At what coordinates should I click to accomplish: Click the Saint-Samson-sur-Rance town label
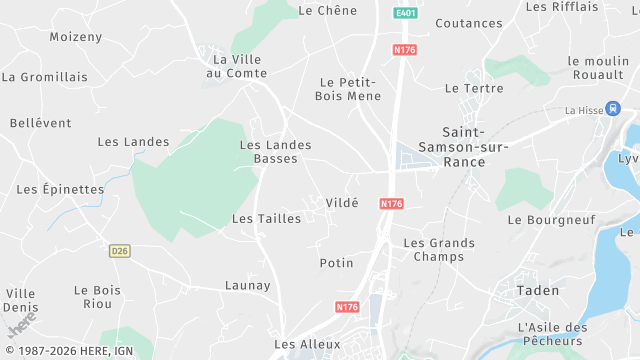(x=476, y=147)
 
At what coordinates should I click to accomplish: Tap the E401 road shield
(x=404, y=13)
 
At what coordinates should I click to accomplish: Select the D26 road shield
(x=120, y=250)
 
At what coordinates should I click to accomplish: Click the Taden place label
(x=537, y=290)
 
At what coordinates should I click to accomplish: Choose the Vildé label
(x=341, y=202)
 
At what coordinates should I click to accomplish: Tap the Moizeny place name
(x=76, y=37)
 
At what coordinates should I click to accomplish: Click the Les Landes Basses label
(x=275, y=152)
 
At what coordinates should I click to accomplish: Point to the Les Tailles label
(x=266, y=218)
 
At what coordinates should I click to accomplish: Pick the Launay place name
(x=247, y=285)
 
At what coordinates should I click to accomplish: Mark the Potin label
(x=336, y=263)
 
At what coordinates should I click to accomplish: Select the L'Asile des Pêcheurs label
(x=551, y=334)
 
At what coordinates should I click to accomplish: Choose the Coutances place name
(x=469, y=23)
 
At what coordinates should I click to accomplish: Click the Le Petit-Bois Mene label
(x=347, y=89)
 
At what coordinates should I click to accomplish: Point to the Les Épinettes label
(x=60, y=189)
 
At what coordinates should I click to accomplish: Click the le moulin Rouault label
(x=598, y=68)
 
